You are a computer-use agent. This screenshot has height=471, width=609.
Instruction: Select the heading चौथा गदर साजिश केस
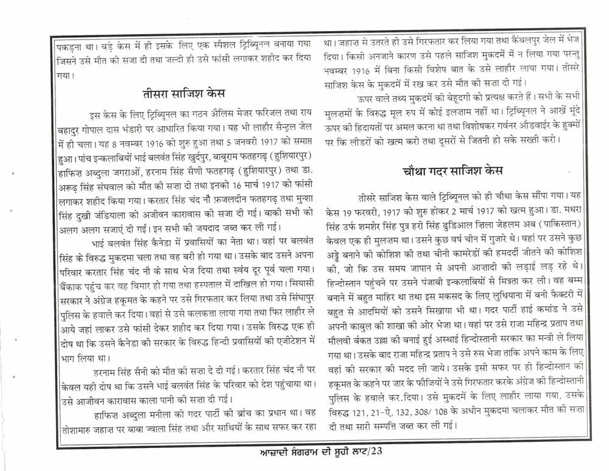point(452,171)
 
